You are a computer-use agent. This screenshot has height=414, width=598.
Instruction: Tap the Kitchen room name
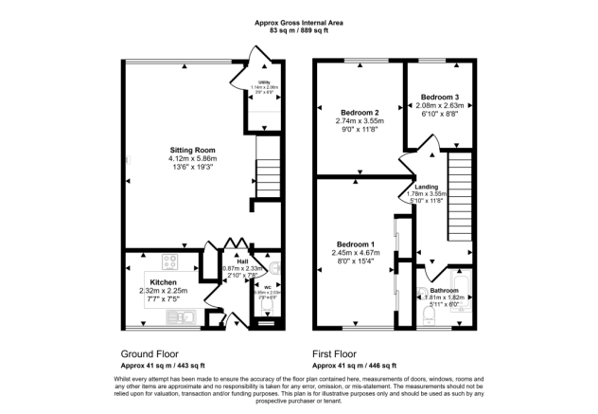163,282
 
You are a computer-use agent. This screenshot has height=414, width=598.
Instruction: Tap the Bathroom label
444,290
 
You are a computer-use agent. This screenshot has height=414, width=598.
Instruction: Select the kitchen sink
179,316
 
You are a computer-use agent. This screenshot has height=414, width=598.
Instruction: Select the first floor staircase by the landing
459,189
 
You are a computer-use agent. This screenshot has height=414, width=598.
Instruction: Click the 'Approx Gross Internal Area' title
299,22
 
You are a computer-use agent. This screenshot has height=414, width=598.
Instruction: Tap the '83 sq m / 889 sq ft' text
299,31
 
